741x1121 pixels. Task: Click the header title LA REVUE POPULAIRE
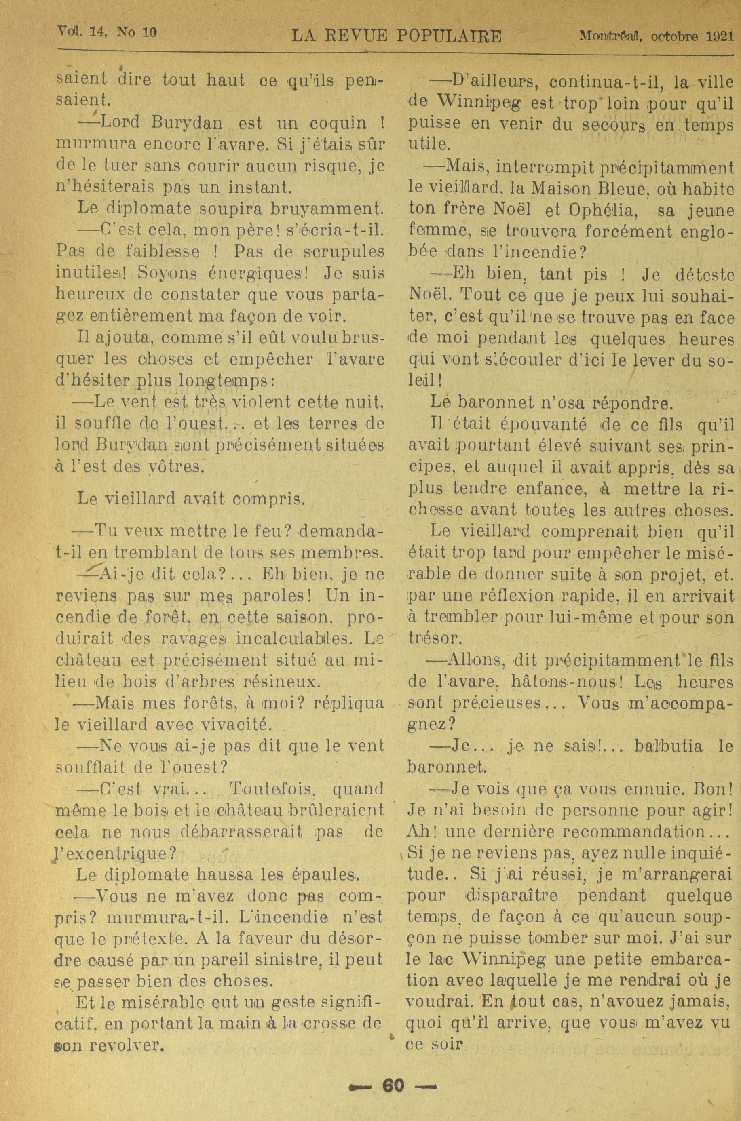pyautogui.click(x=397, y=36)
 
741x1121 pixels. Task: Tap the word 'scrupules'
pyautogui.click(x=344, y=251)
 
